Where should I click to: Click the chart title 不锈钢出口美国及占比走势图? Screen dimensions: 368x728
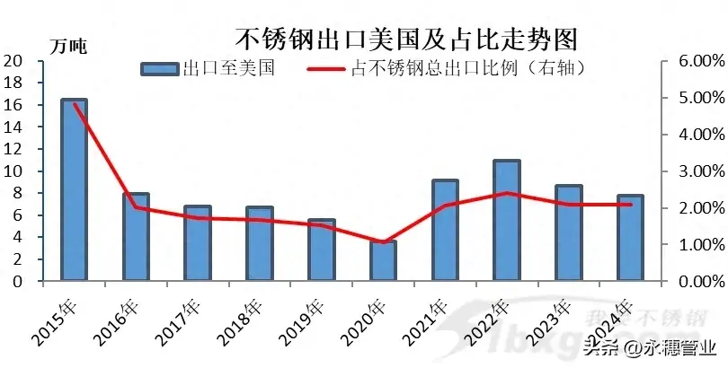(405, 39)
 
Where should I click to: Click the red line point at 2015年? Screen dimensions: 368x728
(74, 103)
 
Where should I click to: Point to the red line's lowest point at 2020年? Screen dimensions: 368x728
(383, 242)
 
